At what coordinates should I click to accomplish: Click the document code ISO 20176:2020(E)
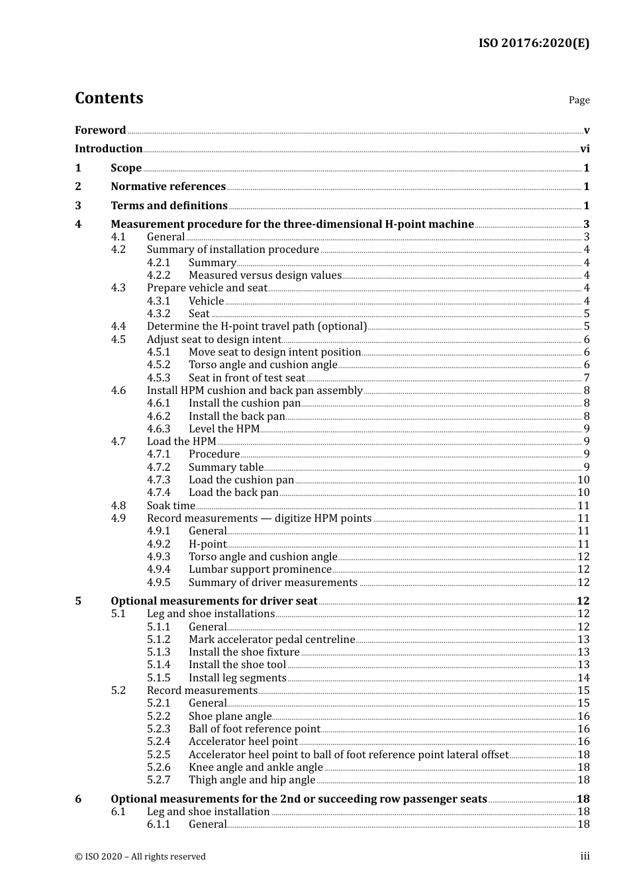click(x=534, y=43)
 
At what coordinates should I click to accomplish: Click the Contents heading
click(x=109, y=98)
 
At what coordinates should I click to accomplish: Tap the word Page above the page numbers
click(x=579, y=100)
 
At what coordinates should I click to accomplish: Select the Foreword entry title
click(x=100, y=130)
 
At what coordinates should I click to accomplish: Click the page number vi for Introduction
click(x=585, y=149)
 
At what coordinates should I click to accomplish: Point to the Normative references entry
click(x=168, y=187)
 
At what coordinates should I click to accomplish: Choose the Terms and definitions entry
click(x=169, y=206)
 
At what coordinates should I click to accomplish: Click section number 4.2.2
click(x=158, y=275)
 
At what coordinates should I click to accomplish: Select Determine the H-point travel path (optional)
click(x=256, y=326)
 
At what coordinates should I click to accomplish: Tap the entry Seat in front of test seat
click(x=247, y=378)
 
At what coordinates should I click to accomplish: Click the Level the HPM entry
click(x=224, y=429)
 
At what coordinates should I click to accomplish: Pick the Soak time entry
click(x=171, y=506)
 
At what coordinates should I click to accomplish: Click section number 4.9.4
click(x=158, y=569)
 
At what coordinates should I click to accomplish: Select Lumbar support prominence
click(x=260, y=569)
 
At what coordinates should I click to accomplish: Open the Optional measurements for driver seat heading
click(x=214, y=601)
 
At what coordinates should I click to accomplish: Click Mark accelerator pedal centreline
click(x=271, y=640)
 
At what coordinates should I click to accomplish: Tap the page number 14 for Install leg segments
click(x=583, y=678)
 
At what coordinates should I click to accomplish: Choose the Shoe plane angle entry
click(x=230, y=717)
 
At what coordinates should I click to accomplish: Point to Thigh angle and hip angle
click(x=252, y=780)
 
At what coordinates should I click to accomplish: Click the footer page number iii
click(x=585, y=856)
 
